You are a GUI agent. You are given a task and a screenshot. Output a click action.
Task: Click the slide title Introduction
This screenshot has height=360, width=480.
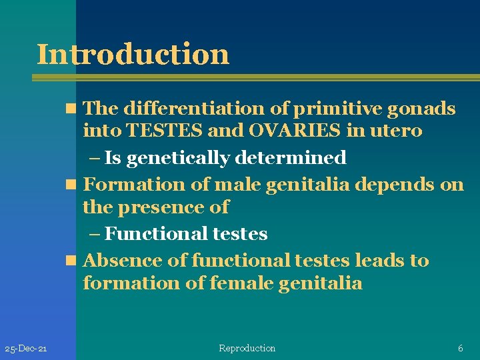pyautogui.click(x=133, y=53)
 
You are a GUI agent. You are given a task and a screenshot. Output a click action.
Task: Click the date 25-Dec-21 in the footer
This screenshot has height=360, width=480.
pyautogui.click(x=25, y=349)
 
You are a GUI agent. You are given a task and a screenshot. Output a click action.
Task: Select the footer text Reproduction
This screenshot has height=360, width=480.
pyautogui.click(x=247, y=348)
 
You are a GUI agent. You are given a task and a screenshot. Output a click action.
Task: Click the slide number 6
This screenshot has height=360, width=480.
pyautogui.click(x=460, y=348)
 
